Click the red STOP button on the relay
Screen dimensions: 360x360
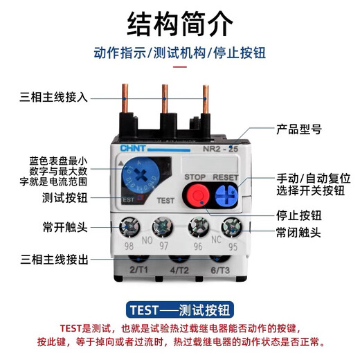pos(195,196)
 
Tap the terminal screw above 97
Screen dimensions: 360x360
pos(163,226)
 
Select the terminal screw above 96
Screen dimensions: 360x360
pos(195,226)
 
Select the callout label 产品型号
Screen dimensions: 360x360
pos(299,129)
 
